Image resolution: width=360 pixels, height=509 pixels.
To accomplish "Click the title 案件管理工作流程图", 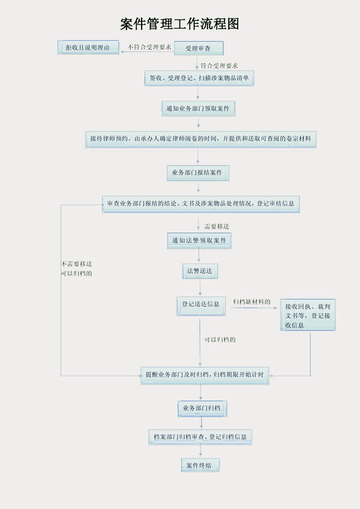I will pyautogui.click(x=180, y=24).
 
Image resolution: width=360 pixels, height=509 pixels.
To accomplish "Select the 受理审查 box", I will pyautogui.click(x=199, y=48).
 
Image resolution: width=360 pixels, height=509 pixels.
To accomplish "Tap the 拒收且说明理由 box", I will pyautogui.click(x=88, y=47).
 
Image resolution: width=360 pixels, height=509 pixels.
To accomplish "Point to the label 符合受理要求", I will pyautogui.click(x=219, y=66).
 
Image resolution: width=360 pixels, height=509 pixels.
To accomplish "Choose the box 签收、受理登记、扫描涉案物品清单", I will pyautogui.click(x=199, y=78).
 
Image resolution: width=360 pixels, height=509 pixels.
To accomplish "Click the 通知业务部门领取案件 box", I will pyautogui.click(x=198, y=108).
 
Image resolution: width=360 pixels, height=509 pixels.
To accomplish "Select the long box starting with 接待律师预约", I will pyautogui.click(x=201, y=139).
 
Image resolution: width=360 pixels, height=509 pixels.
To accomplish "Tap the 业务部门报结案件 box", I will pyautogui.click(x=198, y=173).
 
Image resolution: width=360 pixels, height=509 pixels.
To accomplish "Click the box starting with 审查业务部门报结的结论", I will pyautogui.click(x=201, y=203).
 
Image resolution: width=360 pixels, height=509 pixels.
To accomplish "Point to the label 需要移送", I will pyautogui.click(x=216, y=226).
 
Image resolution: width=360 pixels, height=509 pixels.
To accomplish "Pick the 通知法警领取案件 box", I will pyautogui.click(x=199, y=240).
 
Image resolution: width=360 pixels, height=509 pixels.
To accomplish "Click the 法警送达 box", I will pyautogui.click(x=200, y=271).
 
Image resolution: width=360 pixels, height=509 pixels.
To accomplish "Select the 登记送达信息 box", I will pyautogui.click(x=201, y=305).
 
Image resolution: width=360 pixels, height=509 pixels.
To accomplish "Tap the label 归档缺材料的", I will pyautogui.click(x=252, y=302).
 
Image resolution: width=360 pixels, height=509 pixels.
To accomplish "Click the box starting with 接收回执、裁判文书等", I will pyautogui.click(x=307, y=315).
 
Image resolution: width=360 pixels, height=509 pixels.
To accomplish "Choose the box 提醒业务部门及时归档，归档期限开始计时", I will pyautogui.click(x=205, y=375).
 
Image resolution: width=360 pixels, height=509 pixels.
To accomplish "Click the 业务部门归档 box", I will pyautogui.click(x=202, y=408).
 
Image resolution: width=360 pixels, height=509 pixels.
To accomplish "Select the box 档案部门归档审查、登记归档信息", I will pyautogui.click(x=200, y=437).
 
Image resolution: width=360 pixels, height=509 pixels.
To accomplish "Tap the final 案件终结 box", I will pyautogui.click(x=200, y=465).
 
